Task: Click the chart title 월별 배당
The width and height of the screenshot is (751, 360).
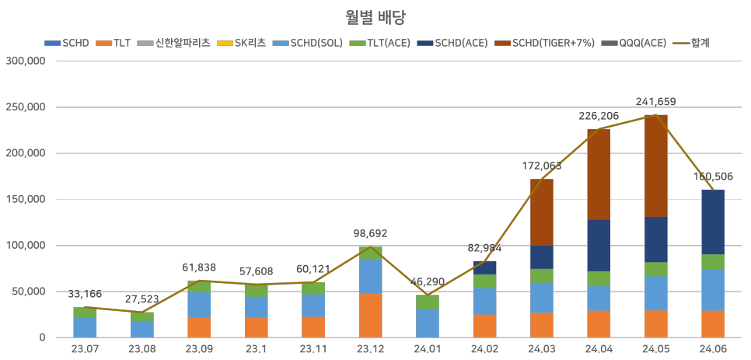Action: tap(375, 16)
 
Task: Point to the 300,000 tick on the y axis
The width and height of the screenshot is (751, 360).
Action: tap(26, 61)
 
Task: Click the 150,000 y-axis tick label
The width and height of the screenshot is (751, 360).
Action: tap(26, 199)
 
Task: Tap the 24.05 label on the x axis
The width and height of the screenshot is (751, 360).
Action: tap(655, 350)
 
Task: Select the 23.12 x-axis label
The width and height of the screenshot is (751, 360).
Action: tap(369, 350)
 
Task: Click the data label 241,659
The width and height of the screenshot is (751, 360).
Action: tap(655, 102)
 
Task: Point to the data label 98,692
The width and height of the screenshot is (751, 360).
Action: tap(369, 233)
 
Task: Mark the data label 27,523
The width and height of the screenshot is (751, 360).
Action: tap(141, 299)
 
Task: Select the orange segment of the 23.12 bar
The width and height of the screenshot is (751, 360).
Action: tap(369, 315)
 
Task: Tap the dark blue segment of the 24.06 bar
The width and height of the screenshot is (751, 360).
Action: tap(713, 222)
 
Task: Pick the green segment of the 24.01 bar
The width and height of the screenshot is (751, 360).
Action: tap(427, 302)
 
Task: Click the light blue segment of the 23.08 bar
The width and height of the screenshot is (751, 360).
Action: tap(141, 329)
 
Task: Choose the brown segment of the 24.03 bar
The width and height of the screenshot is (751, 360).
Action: tap(541, 211)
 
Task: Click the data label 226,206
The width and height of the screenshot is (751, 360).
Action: tap(599, 116)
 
